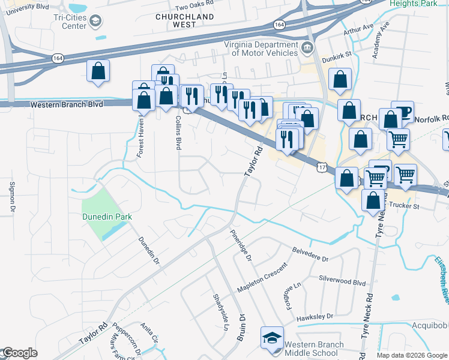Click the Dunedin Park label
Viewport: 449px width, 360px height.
point(106,217)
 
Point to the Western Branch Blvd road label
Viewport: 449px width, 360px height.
point(67,104)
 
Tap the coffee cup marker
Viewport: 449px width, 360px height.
point(403,112)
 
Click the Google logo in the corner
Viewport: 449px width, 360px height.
point(19,353)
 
